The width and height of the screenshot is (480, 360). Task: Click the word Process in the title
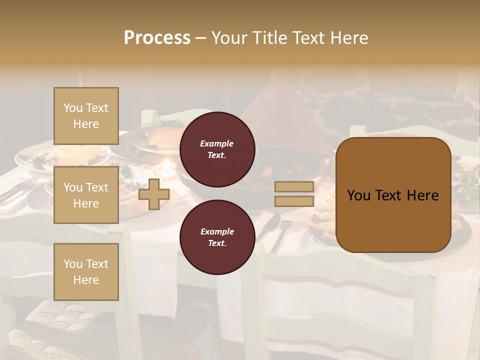[157, 38]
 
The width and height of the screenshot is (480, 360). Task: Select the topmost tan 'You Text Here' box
[86, 116]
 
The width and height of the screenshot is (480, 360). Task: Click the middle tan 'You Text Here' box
[86, 195]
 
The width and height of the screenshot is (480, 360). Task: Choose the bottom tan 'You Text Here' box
[86, 271]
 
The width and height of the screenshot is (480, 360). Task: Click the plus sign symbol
[154, 194]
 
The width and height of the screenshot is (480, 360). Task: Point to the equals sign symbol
[294, 194]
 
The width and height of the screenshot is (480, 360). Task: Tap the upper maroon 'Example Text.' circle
[217, 149]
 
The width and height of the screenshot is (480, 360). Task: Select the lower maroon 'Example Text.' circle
[217, 237]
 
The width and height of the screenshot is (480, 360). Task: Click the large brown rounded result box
[393, 195]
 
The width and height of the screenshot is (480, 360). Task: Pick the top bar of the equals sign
[294, 187]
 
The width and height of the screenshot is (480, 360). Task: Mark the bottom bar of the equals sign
[294, 201]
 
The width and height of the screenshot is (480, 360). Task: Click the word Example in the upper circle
[217, 143]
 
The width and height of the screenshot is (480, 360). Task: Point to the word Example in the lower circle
[217, 231]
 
